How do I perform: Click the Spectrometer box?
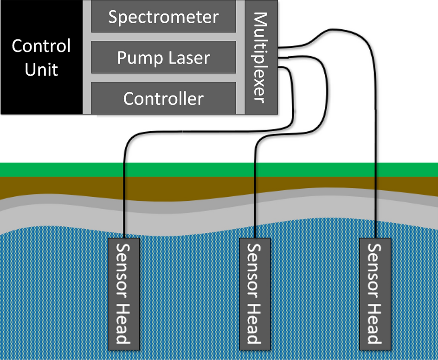point(163,17)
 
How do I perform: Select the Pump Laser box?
point(163,58)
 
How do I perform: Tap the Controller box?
point(163,98)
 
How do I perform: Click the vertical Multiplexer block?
point(260,58)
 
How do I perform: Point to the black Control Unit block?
point(41,58)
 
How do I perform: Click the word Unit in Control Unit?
point(41,70)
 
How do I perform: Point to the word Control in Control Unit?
point(41,46)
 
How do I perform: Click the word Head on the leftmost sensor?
point(122,324)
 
